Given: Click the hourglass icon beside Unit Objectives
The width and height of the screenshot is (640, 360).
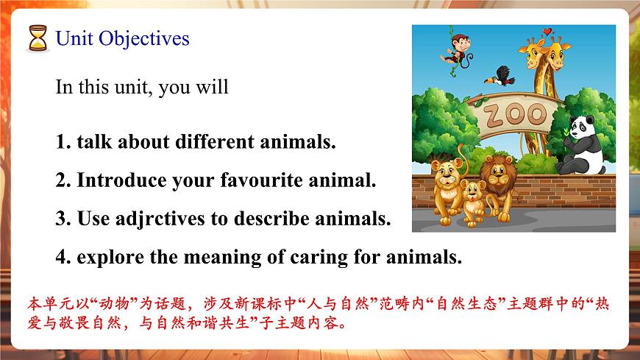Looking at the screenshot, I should pyautogui.click(x=37, y=38).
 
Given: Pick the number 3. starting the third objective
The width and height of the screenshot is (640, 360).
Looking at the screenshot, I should pyautogui.click(x=63, y=219).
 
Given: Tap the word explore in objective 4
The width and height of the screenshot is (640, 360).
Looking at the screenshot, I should pyautogui.click(x=107, y=258).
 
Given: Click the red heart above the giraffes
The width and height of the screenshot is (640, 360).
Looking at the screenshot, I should pyautogui.click(x=546, y=32).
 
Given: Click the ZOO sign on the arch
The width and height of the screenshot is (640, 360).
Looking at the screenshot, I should pyautogui.click(x=514, y=115).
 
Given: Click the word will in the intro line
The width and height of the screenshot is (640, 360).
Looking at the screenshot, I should pyautogui.click(x=213, y=87).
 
